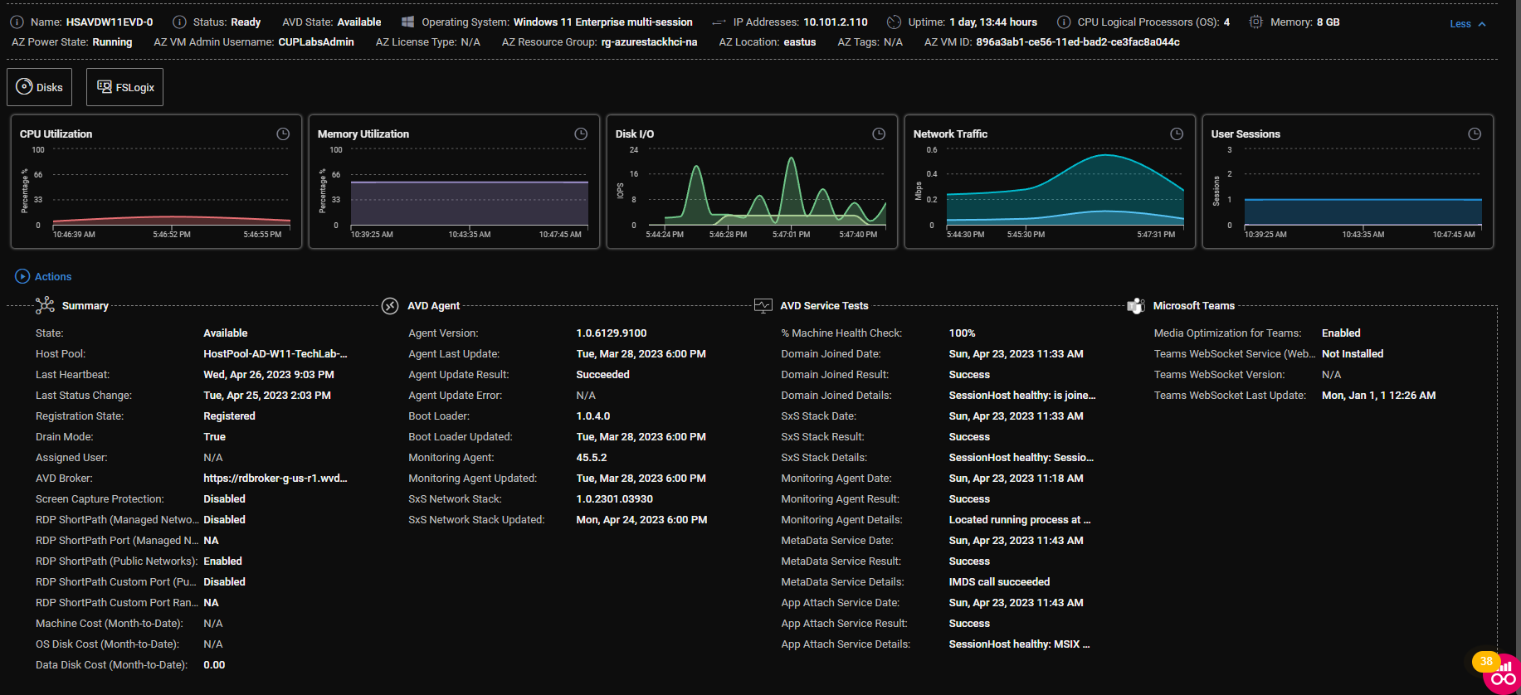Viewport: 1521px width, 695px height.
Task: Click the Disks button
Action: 40,87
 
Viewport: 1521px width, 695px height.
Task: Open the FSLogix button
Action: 125,87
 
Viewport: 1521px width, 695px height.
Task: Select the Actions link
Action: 52,276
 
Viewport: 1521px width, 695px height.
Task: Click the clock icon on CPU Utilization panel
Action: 283,134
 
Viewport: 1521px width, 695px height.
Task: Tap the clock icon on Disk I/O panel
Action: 879,134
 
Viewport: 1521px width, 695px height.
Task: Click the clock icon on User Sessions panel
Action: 1475,134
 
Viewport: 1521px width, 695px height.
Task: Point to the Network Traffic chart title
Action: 950,134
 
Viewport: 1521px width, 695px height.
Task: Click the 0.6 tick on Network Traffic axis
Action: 932,150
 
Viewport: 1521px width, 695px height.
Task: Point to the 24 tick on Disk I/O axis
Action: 634,150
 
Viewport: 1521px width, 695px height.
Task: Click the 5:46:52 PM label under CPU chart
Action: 172,235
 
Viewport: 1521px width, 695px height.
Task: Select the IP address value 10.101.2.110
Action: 836,22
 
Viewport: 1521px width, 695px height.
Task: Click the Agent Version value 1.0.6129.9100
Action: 611,333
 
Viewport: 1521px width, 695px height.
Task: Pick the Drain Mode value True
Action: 214,436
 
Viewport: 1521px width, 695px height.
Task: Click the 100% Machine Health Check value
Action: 962,333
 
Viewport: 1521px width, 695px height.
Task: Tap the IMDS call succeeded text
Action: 999,581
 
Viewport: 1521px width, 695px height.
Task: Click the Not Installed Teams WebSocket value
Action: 1353,353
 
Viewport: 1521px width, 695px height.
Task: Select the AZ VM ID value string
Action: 1077,41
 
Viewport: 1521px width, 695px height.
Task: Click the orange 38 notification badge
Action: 1485,661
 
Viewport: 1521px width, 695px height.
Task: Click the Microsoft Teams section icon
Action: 1136,306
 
